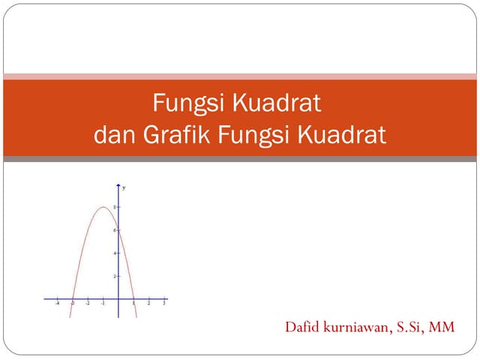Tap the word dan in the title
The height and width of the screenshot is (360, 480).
(112, 136)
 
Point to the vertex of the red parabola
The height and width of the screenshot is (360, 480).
(103, 207)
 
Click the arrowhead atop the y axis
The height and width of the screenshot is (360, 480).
(118, 184)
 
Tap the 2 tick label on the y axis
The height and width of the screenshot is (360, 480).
(115, 276)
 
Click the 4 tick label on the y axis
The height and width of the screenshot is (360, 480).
(115, 253)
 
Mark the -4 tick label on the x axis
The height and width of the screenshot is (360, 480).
(57, 304)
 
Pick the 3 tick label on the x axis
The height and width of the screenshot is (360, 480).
(164, 304)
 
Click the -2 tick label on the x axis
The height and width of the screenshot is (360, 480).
(87, 304)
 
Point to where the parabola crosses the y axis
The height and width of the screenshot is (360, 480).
(118, 229)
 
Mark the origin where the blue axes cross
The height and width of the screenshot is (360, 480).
(118, 298)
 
